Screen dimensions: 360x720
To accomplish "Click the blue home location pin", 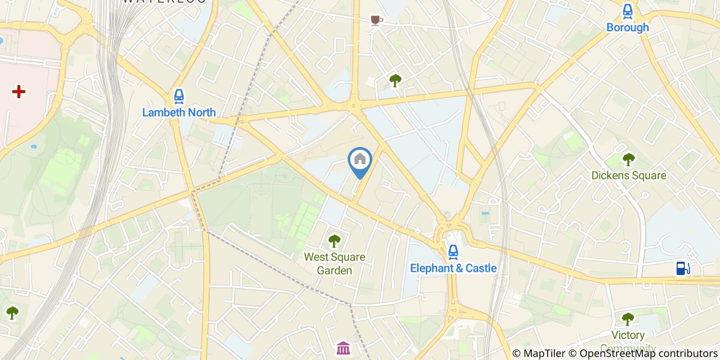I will pyautogui.click(x=360, y=161).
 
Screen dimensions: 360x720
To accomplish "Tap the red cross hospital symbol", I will pyautogui.click(x=19, y=92).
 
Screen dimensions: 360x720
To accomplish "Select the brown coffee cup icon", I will pyautogui.click(x=376, y=20).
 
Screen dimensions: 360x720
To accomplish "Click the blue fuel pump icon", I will pyautogui.click(x=682, y=268).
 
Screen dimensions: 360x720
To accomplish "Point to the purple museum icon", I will pyautogui.click(x=343, y=348).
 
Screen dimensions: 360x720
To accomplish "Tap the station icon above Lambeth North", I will pyautogui.click(x=178, y=96).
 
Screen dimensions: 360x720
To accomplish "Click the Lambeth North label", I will pyautogui.click(x=179, y=112).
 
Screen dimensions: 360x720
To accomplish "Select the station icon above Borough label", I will pyautogui.click(x=627, y=11).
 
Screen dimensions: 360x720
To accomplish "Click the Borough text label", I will pyautogui.click(x=627, y=27).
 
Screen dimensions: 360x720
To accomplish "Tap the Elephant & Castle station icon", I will pyautogui.click(x=453, y=251).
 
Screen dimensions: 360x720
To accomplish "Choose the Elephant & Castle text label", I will pyautogui.click(x=453, y=268).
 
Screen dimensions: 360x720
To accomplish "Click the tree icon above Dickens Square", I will pyautogui.click(x=628, y=159).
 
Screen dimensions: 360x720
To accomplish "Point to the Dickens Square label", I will pyautogui.click(x=628, y=175).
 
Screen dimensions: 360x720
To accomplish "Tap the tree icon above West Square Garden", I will pyautogui.click(x=334, y=240).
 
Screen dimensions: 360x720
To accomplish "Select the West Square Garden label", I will pyautogui.click(x=334, y=263).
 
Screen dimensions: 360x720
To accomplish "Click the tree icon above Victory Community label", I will pyautogui.click(x=628, y=319).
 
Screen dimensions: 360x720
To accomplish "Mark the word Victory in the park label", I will pyautogui.click(x=628, y=335).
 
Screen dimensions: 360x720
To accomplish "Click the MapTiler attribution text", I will pyautogui.click(x=538, y=353).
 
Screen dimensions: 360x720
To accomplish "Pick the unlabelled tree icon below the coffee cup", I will pyautogui.click(x=395, y=80).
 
